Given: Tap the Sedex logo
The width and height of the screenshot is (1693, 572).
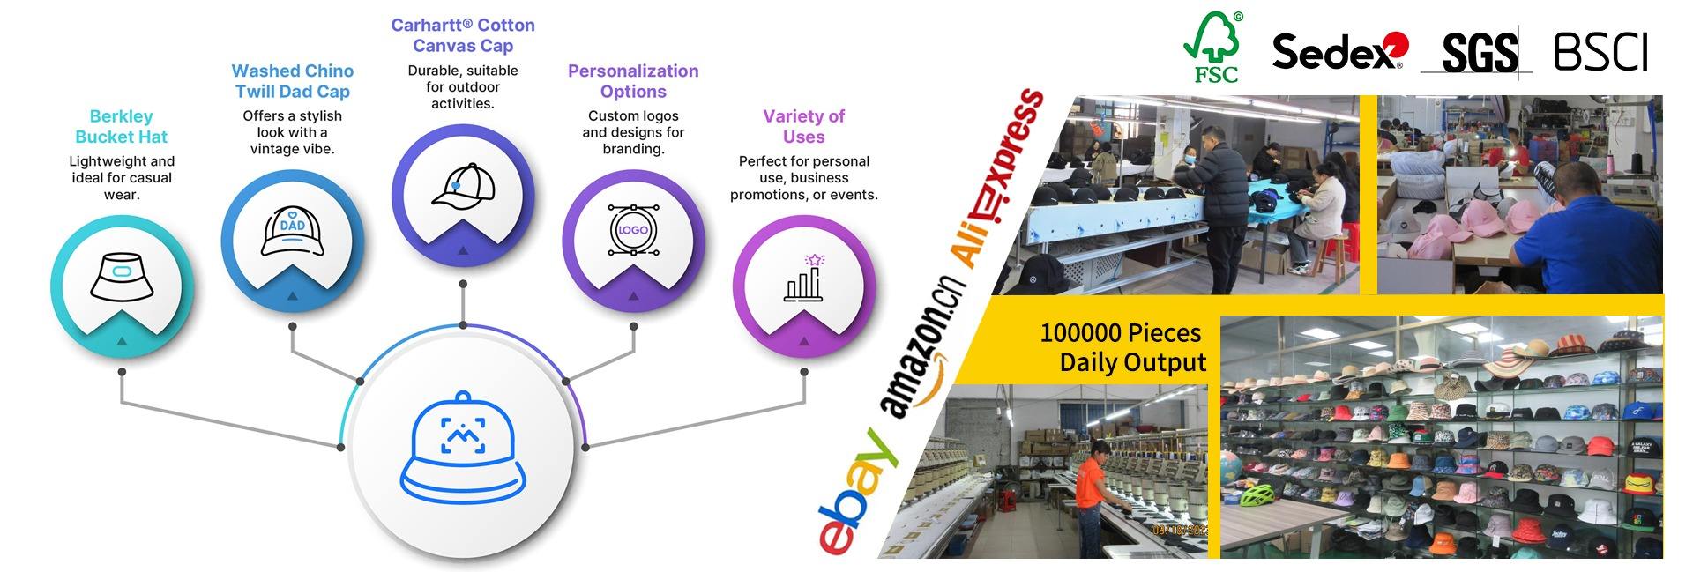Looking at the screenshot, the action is click(1339, 51).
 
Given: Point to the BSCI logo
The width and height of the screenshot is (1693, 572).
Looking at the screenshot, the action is click(1600, 52).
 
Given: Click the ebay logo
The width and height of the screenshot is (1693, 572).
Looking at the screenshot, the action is click(857, 491).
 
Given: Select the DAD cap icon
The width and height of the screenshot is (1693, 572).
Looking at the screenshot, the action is click(293, 231).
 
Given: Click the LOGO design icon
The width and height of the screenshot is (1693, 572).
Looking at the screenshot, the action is click(633, 230).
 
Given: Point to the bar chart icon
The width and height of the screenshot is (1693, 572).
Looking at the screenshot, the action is click(804, 279).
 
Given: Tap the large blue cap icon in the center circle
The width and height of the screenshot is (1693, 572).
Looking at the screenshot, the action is click(463, 447).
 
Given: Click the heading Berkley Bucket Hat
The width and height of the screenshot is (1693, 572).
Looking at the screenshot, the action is click(122, 126).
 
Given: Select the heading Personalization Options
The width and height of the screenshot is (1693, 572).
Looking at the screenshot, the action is click(633, 81).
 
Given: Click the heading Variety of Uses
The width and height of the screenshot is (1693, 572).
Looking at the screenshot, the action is click(803, 126).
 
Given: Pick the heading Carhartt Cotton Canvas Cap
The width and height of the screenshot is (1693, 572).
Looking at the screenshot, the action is click(463, 35).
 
